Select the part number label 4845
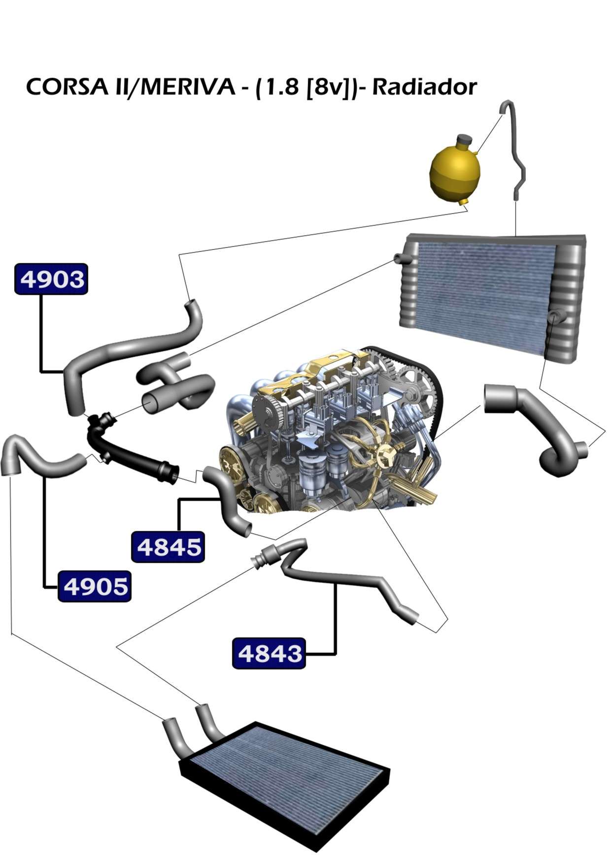coord(168,547)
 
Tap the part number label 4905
coord(95,586)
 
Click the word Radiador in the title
coord(424,87)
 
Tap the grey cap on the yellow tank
coord(464,140)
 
